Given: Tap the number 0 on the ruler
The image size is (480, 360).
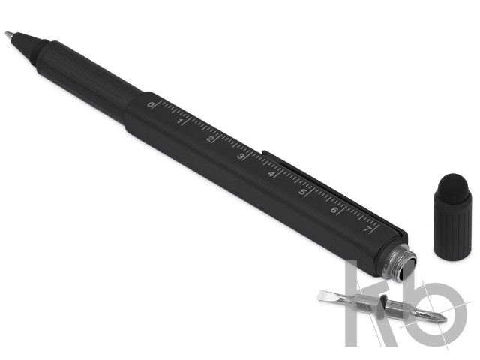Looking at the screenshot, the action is click(151, 105).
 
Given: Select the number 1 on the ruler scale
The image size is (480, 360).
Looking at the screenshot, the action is click(180, 122).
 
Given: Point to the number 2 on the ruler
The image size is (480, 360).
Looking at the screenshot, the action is click(210, 139).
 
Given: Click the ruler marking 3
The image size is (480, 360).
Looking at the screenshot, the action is click(241, 157).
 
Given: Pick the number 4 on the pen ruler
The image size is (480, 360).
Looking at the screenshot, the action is click(271, 175).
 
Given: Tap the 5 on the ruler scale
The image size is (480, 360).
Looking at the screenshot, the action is click(302, 192).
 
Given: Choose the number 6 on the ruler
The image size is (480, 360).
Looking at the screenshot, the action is click(334, 210).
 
